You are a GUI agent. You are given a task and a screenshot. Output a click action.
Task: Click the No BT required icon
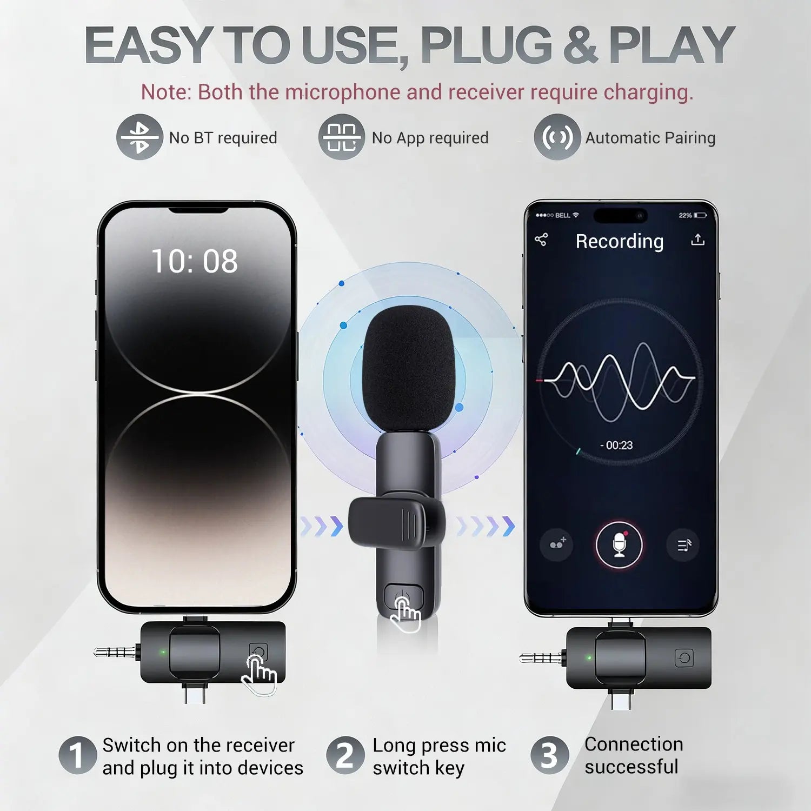tap(139, 137)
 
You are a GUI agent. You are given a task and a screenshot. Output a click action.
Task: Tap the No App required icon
tap(341, 137)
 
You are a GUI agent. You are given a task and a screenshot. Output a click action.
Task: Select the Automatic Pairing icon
tap(557, 137)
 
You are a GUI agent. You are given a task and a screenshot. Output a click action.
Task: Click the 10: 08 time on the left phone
tap(195, 262)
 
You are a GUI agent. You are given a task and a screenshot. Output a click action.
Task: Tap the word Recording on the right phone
tap(619, 241)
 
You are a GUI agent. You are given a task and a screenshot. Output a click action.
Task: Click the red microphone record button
tap(619, 544)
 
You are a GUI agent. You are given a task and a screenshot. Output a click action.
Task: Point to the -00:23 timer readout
tap(616, 446)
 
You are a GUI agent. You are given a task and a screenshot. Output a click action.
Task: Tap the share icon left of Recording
tap(541, 240)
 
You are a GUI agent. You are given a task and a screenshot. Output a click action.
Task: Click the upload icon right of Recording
tap(697, 240)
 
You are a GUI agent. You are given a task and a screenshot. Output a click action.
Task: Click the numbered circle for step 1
tap(77, 755)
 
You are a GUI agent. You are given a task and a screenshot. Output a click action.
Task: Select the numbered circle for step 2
tap(345, 755)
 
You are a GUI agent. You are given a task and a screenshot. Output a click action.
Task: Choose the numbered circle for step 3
tap(549, 755)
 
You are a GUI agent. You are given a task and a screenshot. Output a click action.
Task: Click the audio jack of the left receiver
tap(115, 652)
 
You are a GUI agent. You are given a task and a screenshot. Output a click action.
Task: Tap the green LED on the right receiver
tap(589, 658)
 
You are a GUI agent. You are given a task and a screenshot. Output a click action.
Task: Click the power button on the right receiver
tap(684, 658)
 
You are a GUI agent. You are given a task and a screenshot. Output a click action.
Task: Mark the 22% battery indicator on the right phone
tap(693, 215)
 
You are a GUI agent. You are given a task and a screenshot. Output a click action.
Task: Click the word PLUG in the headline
tap(486, 45)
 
